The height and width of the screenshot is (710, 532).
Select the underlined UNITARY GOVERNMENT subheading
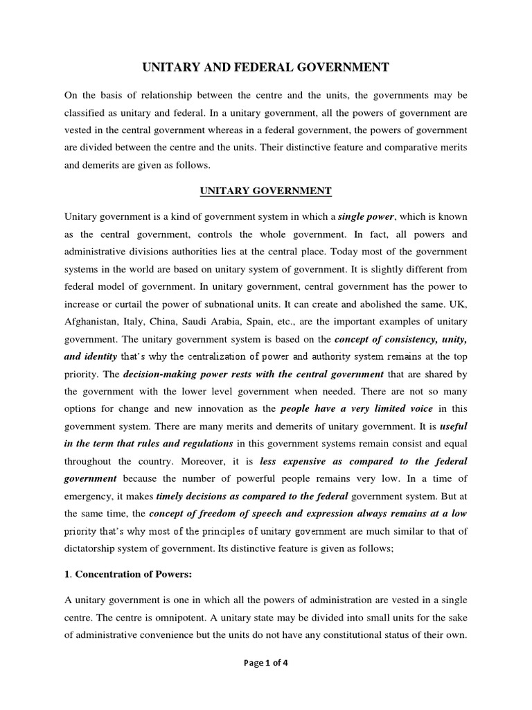click(x=266, y=190)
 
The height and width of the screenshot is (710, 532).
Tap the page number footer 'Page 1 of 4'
click(x=266, y=662)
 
